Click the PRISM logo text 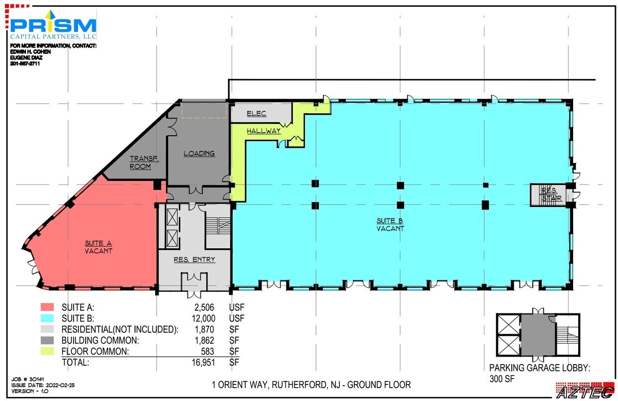point(53,25)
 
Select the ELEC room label point(257,113)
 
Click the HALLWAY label point(264,131)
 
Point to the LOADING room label point(199,154)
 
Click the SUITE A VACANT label point(98,247)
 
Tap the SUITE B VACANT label point(390,225)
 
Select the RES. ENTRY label point(194,259)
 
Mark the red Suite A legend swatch point(47,307)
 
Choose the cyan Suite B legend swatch point(47,318)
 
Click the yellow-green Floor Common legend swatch point(47,351)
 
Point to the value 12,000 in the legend point(204,318)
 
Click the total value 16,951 point(203,362)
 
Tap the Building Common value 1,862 point(204,341)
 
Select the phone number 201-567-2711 point(25,64)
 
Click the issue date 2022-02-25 point(60,385)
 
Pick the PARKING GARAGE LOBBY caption point(539,368)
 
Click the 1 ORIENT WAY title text point(311,385)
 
